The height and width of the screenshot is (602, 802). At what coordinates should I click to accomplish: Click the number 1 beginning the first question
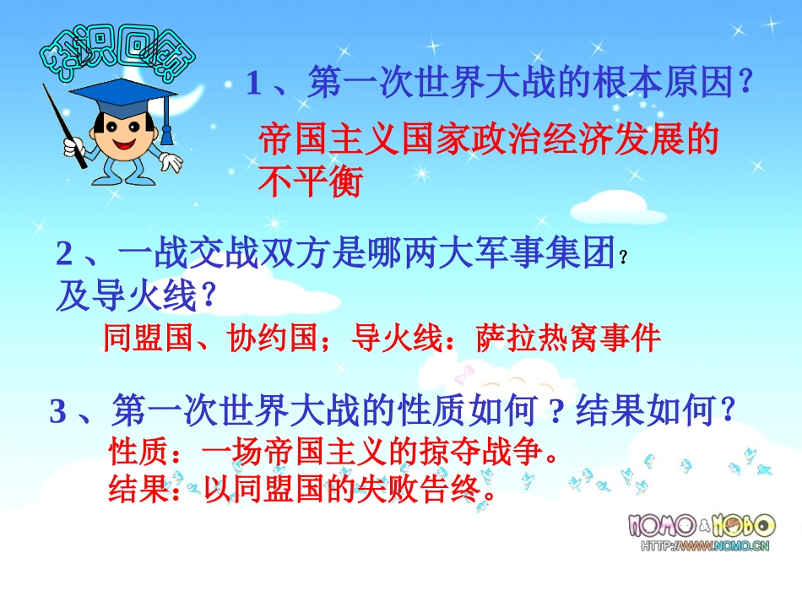pyautogui.click(x=254, y=84)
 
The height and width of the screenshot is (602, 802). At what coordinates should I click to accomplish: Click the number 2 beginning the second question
pyautogui.click(x=66, y=254)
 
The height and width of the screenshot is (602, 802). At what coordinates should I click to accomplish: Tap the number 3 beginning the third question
pyautogui.click(x=58, y=412)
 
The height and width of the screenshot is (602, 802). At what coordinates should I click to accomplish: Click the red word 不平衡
pyautogui.click(x=310, y=181)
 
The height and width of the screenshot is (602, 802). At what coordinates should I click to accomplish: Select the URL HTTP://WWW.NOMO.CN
pyautogui.click(x=704, y=547)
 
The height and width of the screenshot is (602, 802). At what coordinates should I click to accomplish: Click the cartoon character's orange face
pyautogui.click(x=122, y=135)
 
